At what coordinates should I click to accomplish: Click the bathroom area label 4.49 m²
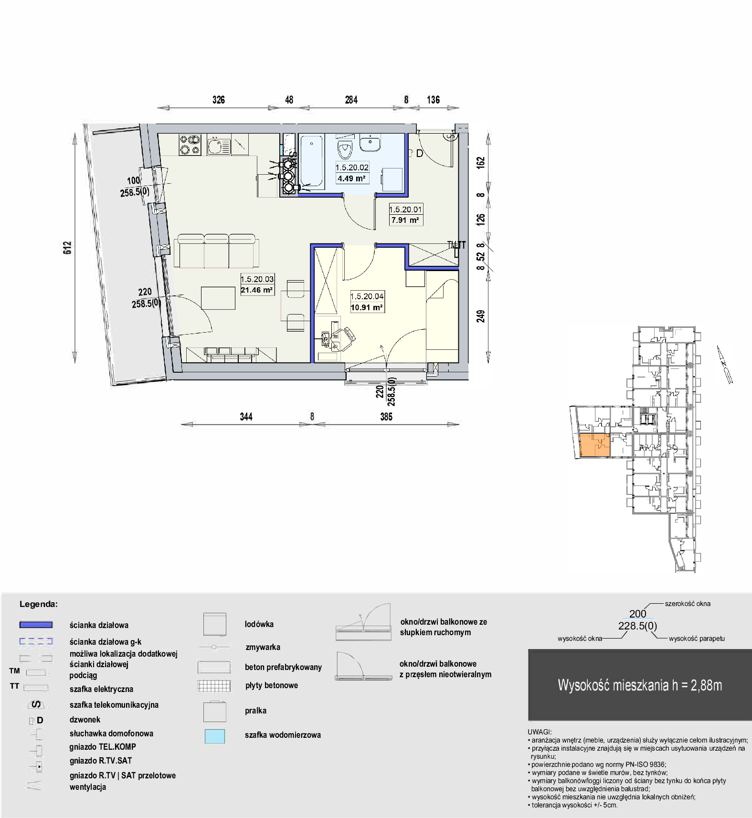click(352, 179)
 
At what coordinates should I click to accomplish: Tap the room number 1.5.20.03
click(257, 280)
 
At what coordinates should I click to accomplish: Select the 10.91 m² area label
click(367, 308)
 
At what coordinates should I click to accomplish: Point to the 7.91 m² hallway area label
click(405, 220)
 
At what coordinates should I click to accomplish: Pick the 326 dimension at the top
click(219, 100)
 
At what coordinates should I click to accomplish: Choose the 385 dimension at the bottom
click(386, 417)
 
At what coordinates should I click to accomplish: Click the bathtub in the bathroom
click(312, 161)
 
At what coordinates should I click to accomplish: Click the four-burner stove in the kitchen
click(190, 145)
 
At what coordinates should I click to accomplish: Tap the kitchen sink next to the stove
click(219, 145)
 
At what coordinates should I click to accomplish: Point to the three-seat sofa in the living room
click(217, 251)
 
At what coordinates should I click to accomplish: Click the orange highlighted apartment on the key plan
click(594, 446)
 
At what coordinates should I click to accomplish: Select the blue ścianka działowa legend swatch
click(36, 625)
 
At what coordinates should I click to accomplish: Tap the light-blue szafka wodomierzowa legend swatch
click(214, 737)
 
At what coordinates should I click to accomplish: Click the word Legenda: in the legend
click(39, 604)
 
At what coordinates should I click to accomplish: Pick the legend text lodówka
click(259, 624)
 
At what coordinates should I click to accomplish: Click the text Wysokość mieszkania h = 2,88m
click(640, 685)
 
